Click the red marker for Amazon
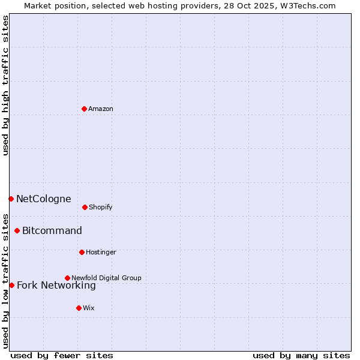pos(84,109)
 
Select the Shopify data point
pos(85,207)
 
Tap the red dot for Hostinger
pos(82,252)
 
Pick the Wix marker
pos(79,308)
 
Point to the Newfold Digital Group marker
pos(67,278)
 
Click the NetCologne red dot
pos(11,199)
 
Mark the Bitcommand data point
pos(17,230)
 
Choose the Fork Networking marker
pos(11,285)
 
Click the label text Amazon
pos(101,109)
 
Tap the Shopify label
pos(101,207)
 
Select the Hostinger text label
pos(101,252)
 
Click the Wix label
pos(89,308)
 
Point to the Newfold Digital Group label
pos(106,278)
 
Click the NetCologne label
pos(43,199)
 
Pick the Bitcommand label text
pos(52,230)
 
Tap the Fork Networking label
pos(56,285)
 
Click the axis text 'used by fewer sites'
pos(62,355)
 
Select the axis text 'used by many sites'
pos(301,355)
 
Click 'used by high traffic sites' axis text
pos(5,85)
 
